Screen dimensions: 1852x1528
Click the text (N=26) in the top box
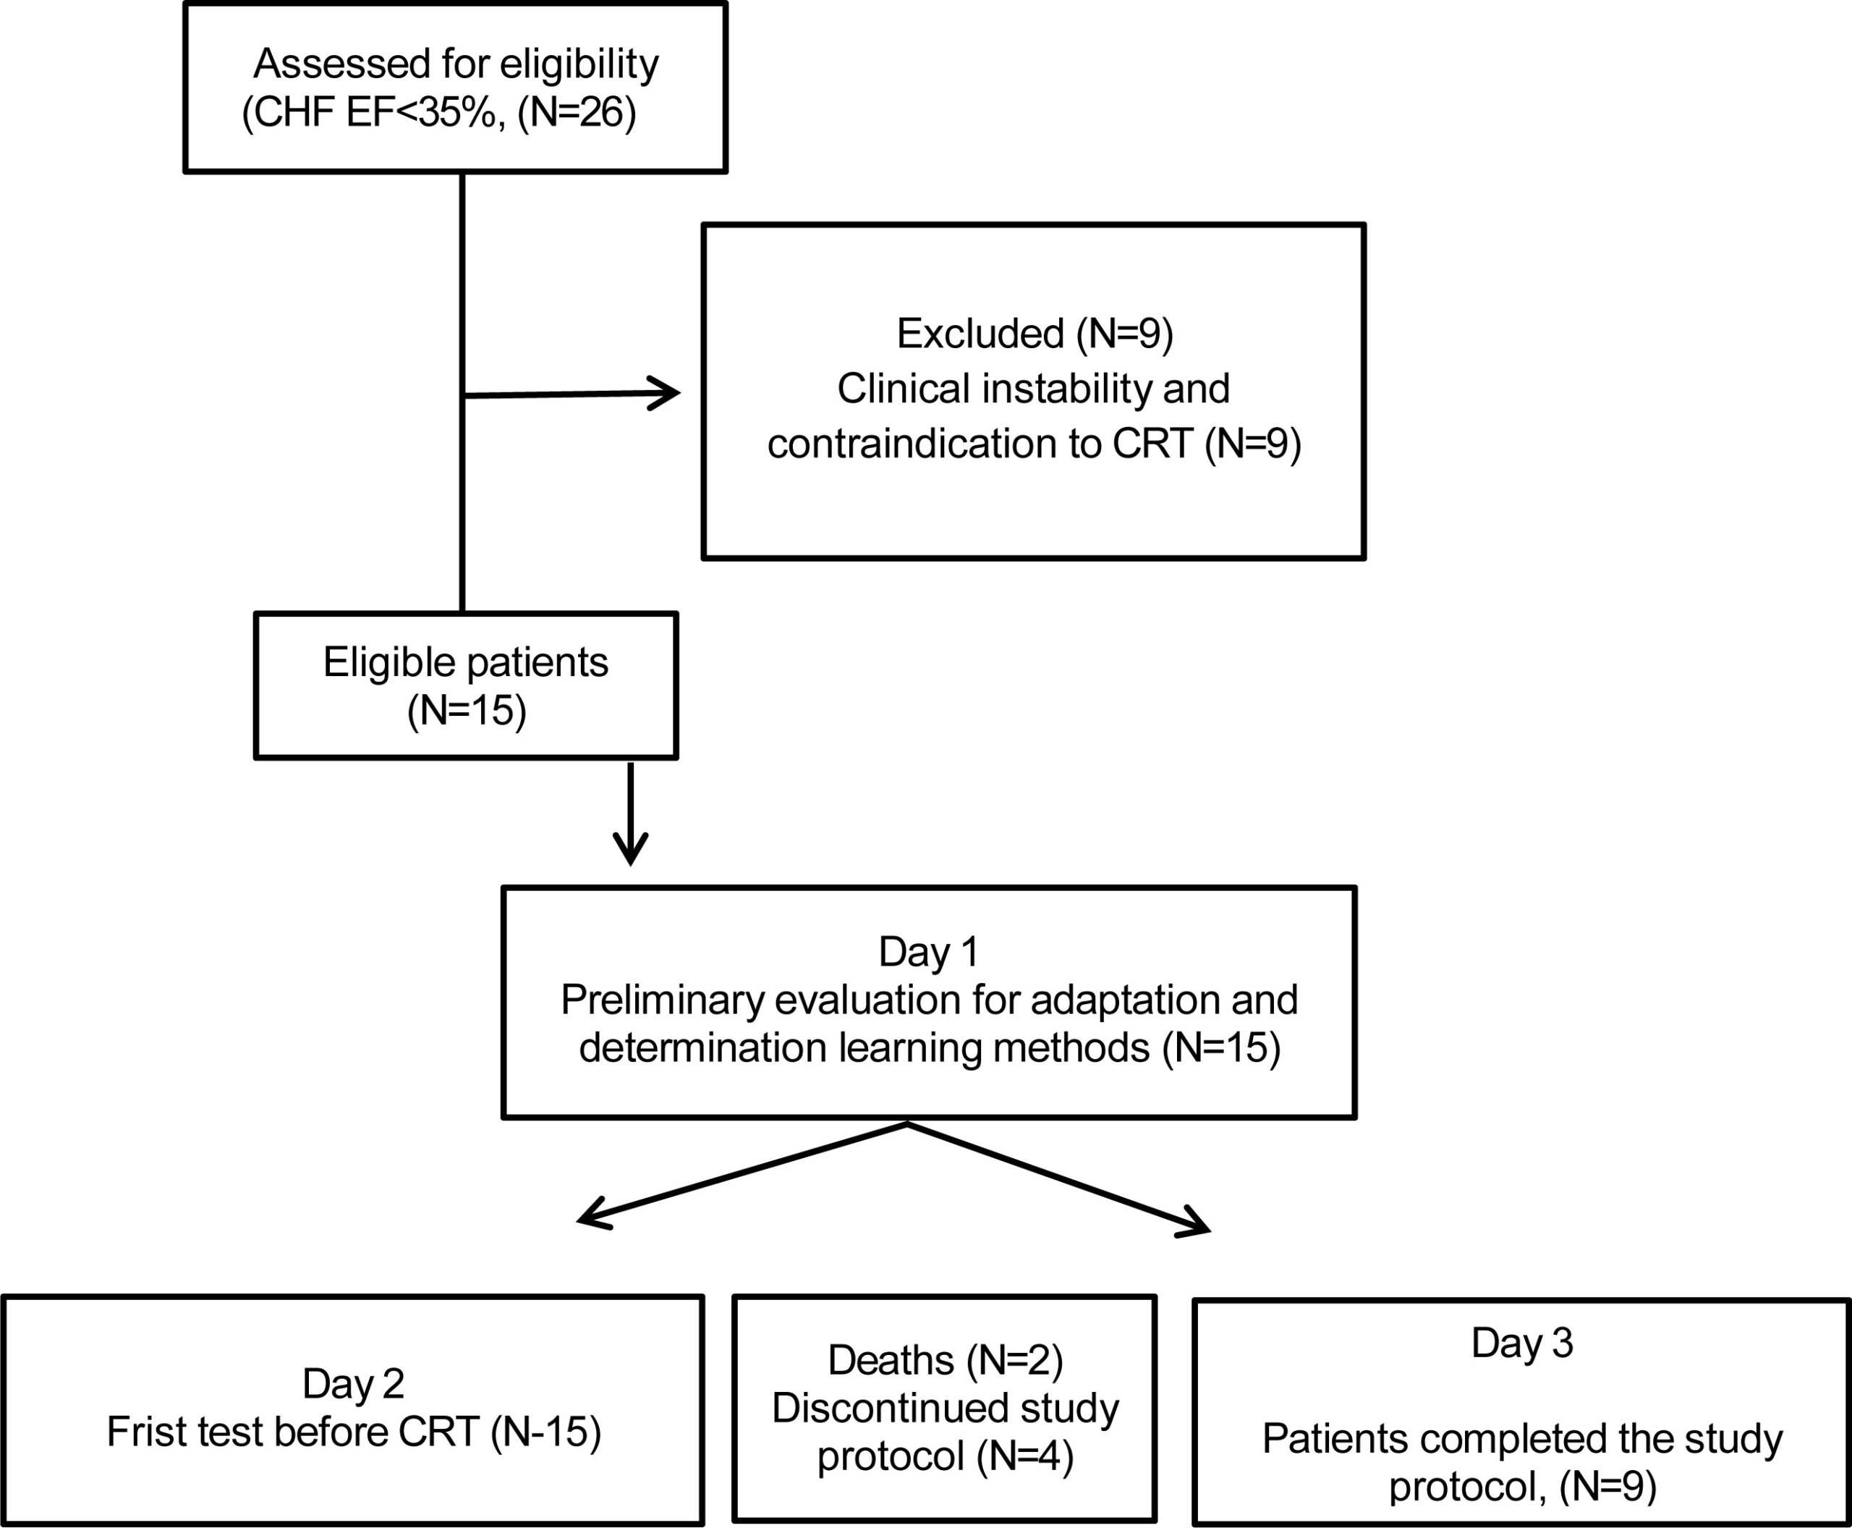point(577,114)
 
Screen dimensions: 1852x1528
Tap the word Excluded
point(980,334)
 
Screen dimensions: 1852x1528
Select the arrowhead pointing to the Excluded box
point(664,394)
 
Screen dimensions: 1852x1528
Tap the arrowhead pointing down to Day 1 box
point(631,848)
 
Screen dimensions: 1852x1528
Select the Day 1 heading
point(928,953)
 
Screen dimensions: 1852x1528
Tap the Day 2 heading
point(354,1385)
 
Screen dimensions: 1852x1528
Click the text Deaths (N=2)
point(946,1361)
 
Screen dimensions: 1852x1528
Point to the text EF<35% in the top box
point(426,114)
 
